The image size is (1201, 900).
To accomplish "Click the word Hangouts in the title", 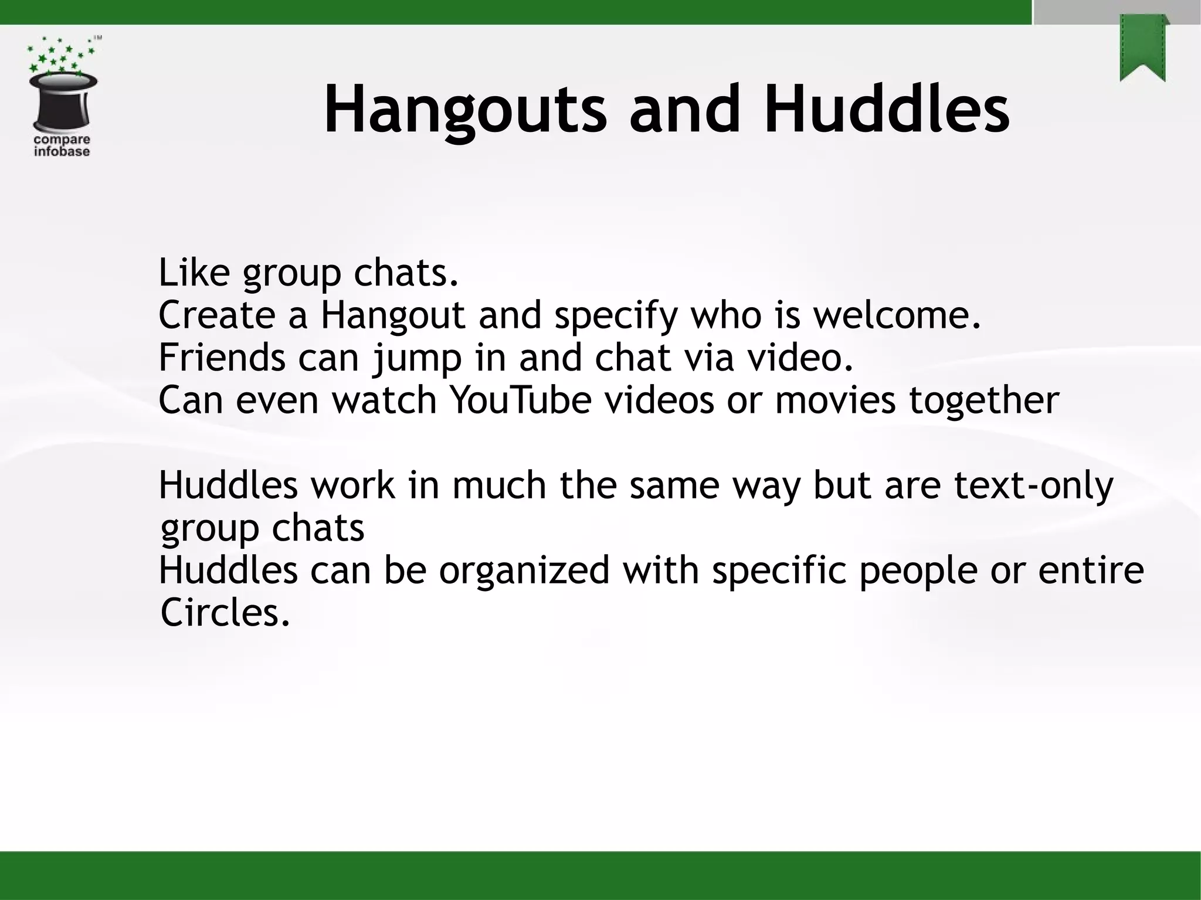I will coord(464,110).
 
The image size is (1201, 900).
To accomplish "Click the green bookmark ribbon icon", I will coord(1142,48).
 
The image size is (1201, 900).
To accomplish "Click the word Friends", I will coord(222,358).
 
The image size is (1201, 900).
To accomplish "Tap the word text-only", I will coord(1033,485).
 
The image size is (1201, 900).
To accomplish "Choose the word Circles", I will coord(225,613).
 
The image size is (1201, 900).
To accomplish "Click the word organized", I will coord(524,570).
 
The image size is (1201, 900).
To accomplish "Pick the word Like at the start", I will coord(194,273).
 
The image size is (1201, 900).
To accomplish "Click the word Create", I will coord(216,315).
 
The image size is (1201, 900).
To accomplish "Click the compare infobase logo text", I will coord(62,145).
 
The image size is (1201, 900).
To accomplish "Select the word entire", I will coord(1091,570).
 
